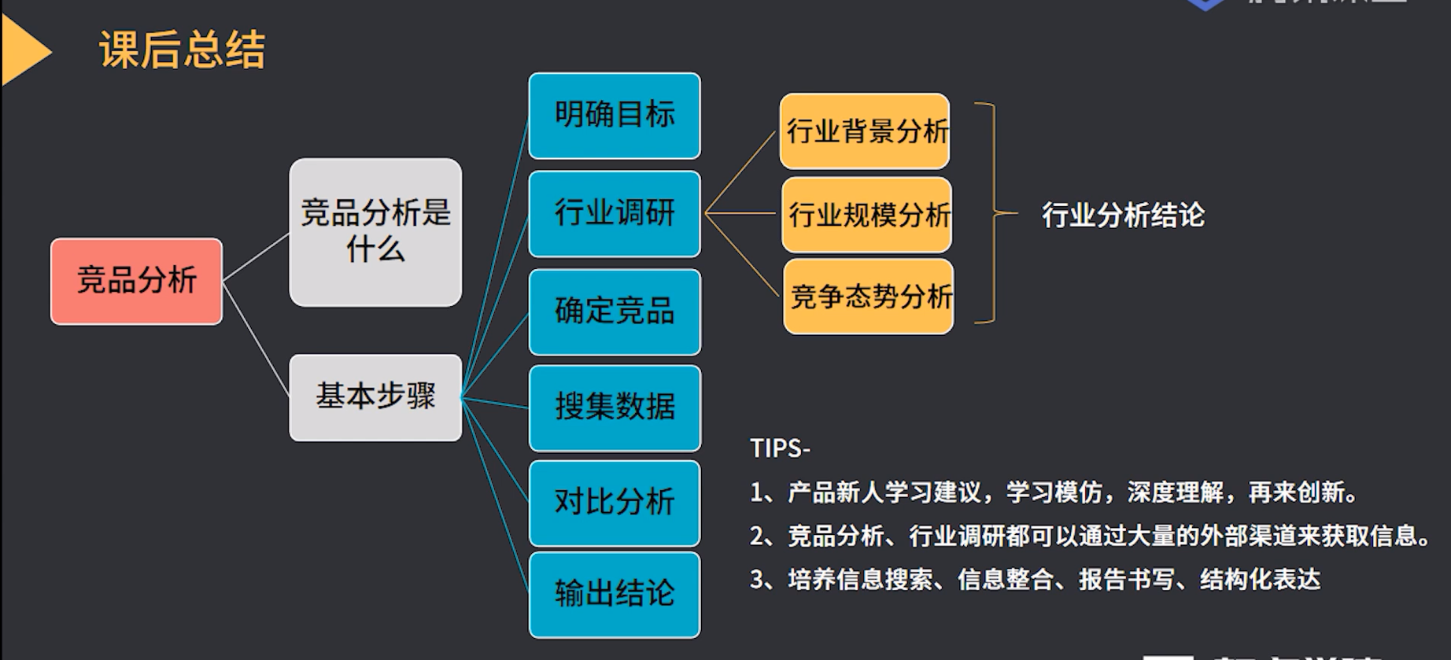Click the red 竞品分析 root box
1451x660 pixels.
pyautogui.click(x=136, y=281)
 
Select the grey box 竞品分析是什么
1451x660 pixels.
pyautogui.click(x=375, y=232)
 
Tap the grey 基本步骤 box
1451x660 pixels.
pyautogui.click(x=375, y=397)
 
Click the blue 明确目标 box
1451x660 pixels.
pyautogui.click(x=615, y=116)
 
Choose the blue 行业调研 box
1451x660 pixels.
pyautogui.click(x=615, y=213)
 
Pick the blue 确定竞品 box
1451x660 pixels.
pyautogui.click(x=615, y=312)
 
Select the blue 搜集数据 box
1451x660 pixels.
pyautogui.click(x=615, y=407)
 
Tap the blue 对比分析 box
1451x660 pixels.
pyautogui.click(x=615, y=503)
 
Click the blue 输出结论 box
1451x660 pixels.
pyautogui.click(x=615, y=594)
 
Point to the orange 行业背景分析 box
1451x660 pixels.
pyautogui.click(x=865, y=131)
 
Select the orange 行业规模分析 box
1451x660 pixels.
pyautogui.click(x=867, y=215)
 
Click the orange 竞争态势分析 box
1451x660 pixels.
pyautogui.click(x=869, y=297)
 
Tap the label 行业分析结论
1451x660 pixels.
pyautogui.click(x=1123, y=215)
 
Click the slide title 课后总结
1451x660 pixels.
pyautogui.click(x=183, y=50)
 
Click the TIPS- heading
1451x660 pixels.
pyautogui.click(x=780, y=448)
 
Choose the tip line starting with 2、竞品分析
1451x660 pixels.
pyautogui.click(x=1091, y=536)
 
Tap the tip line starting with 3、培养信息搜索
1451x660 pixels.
pyautogui.click(x=1035, y=580)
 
